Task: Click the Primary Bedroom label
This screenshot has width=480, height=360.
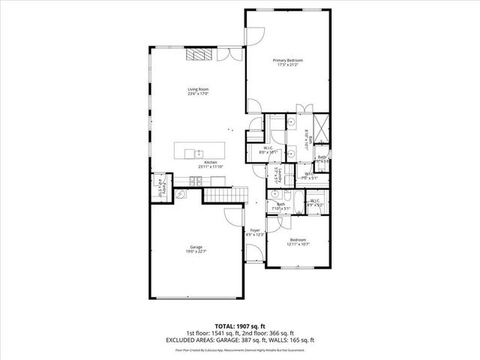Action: point(287,62)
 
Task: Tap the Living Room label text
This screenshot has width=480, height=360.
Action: point(198,92)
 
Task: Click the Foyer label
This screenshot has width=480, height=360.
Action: point(255,232)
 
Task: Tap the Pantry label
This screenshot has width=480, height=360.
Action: point(162,186)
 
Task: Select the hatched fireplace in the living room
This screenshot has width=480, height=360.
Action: point(198,55)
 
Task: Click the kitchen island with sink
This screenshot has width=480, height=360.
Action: point(199,151)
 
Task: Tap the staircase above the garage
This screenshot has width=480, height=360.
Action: point(225,196)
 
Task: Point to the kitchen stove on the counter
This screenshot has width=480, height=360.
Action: point(196,180)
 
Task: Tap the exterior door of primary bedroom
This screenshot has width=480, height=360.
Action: point(256,34)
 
